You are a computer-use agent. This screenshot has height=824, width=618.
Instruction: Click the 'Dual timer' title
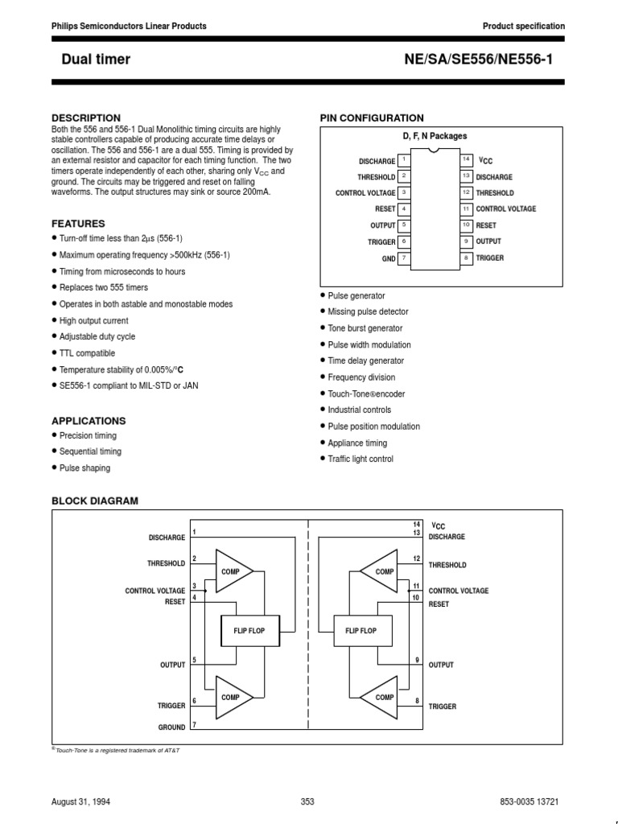pyautogui.click(x=96, y=59)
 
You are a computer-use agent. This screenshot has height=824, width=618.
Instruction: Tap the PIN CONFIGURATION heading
pyautogui.click(x=372, y=118)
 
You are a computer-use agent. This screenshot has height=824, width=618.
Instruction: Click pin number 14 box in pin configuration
pyautogui.click(x=466, y=160)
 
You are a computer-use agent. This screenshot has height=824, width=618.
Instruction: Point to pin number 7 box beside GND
pyautogui.click(x=404, y=258)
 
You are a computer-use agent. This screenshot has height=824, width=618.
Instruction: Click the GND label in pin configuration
pyautogui.click(x=388, y=259)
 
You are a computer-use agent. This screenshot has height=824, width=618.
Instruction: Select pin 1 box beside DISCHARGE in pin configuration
pyautogui.click(x=404, y=160)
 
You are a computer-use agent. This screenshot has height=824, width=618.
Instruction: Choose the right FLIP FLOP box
pyautogui.click(x=360, y=631)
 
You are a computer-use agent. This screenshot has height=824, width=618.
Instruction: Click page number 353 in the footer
pyautogui.click(x=307, y=801)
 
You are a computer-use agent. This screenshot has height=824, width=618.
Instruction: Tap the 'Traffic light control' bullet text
pyautogui.click(x=360, y=459)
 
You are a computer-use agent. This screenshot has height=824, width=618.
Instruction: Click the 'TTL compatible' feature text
pyautogui.click(x=87, y=353)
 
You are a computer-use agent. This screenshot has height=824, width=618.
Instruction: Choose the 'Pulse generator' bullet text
pyautogui.click(x=356, y=296)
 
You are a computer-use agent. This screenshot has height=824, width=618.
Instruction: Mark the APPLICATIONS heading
pyautogui.click(x=89, y=421)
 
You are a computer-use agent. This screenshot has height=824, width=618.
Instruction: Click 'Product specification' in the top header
pyautogui.click(x=523, y=27)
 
